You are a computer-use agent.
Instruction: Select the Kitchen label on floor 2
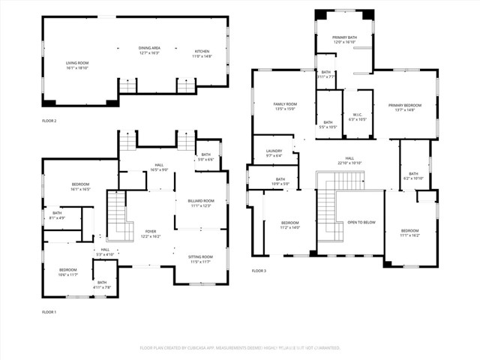202,53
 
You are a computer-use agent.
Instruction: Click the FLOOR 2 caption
49,121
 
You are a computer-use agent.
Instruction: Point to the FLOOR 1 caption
49,311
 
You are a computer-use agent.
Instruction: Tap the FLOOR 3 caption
259,270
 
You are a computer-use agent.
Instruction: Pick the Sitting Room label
200,259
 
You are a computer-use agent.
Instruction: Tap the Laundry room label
274,153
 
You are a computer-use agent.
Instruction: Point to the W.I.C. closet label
358,117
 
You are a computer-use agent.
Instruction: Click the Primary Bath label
345,40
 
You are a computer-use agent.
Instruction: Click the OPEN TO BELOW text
359,223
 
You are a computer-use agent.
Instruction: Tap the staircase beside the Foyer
116,215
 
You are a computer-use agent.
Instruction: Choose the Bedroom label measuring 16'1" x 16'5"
80,187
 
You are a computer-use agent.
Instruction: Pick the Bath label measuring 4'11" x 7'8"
103,285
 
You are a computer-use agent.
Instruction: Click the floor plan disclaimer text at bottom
240,348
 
